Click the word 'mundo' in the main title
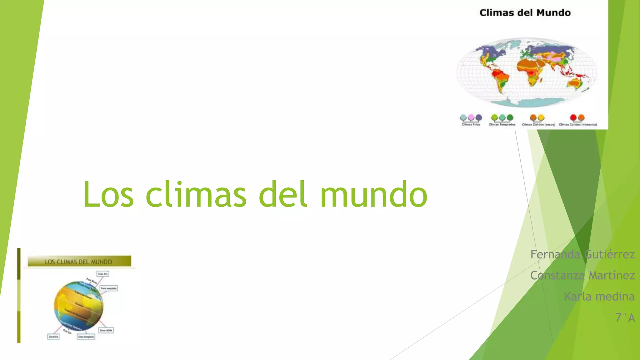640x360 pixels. pos(374,194)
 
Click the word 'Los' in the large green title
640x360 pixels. pos(108,194)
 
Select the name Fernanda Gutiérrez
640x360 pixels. pos(582,254)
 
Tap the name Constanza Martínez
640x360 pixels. pos(582,275)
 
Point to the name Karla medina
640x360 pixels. pos(599,296)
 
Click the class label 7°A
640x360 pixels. pos(625,317)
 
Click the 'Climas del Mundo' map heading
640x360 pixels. pos(525,13)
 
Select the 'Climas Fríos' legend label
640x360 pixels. pos(471,125)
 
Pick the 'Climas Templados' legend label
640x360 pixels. pos(502,125)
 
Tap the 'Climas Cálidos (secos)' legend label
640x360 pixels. pos(538,125)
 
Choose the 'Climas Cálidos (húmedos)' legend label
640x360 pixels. pos(578,125)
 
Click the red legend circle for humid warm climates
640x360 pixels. pos(573,117)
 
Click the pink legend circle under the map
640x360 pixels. pos(471,117)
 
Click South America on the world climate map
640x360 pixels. pos(500,80)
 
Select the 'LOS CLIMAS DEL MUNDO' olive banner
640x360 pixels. pos(79,262)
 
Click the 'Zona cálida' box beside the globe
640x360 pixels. pos(106,330)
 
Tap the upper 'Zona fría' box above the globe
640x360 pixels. pos(103,274)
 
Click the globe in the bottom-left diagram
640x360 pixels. pos(78,306)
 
